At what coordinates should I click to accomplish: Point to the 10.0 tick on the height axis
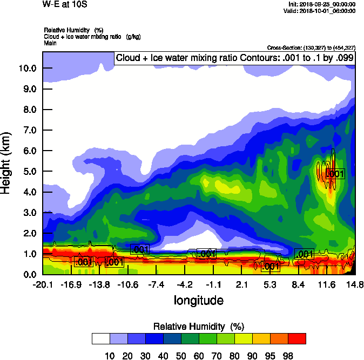tap(27, 69)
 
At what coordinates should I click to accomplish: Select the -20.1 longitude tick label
tap(42, 284)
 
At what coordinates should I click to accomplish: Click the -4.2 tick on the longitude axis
tap(185, 284)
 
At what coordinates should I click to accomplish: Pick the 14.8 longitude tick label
tap(355, 284)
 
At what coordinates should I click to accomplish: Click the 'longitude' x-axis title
tap(198, 300)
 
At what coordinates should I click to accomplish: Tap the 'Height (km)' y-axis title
tap(6, 163)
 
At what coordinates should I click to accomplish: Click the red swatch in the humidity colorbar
tap(297, 338)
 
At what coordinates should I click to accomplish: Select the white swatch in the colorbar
tap(101, 338)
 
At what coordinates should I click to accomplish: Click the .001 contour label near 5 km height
tap(335, 174)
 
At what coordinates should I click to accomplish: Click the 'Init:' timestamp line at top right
tap(322, 4)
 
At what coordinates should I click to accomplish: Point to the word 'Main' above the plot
tap(50, 43)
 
